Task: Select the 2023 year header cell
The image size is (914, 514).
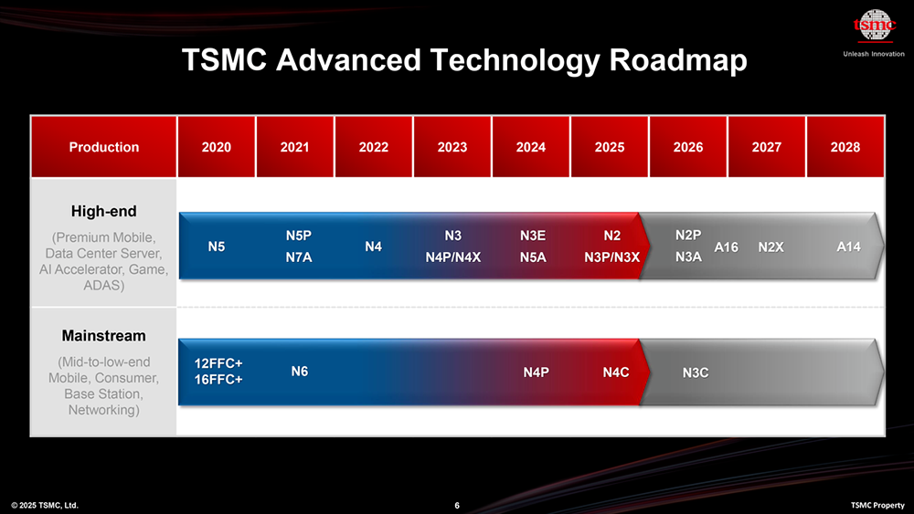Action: pyautogui.click(x=452, y=147)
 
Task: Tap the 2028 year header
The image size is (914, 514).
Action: pyautogui.click(x=845, y=147)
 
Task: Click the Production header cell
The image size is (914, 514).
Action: pyautogui.click(x=104, y=147)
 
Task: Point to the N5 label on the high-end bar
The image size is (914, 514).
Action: pyautogui.click(x=217, y=247)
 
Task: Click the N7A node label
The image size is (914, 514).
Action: pyautogui.click(x=299, y=257)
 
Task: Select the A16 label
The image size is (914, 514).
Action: pyautogui.click(x=727, y=247)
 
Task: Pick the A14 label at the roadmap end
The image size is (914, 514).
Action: pyautogui.click(x=849, y=247)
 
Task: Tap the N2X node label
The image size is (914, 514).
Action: pyautogui.click(x=771, y=247)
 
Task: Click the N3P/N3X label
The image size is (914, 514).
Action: pyautogui.click(x=612, y=257)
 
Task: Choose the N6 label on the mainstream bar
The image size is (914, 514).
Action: pyautogui.click(x=300, y=372)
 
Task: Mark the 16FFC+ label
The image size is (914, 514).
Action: pyautogui.click(x=218, y=380)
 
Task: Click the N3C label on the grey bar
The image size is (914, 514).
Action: pyautogui.click(x=696, y=372)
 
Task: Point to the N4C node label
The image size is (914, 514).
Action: pyautogui.click(x=616, y=372)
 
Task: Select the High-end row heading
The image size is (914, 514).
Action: pyautogui.click(x=104, y=211)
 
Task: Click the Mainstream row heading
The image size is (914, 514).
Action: pyautogui.click(x=104, y=336)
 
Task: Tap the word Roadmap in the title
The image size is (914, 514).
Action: pyautogui.click(x=678, y=60)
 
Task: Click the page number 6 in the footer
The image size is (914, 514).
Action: pyautogui.click(x=457, y=505)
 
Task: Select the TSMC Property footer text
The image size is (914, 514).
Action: pyautogui.click(x=877, y=505)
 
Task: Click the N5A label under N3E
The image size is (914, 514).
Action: pyautogui.click(x=533, y=257)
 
